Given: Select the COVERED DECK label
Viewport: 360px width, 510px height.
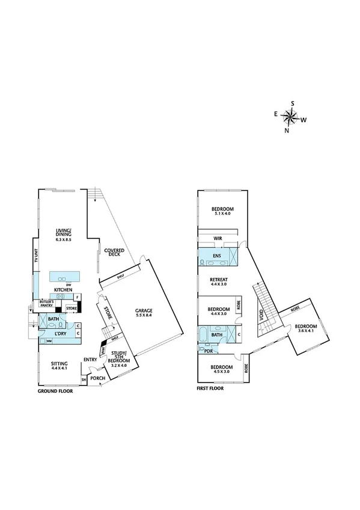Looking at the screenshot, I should pyautogui.click(x=114, y=252).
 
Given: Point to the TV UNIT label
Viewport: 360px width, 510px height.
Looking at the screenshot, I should pyautogui.click(x=37, y=256).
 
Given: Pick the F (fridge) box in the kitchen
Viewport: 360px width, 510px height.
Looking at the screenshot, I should pyautogui.click(x=77, y=297).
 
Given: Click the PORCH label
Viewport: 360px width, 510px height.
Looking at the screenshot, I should pyautogui.click(x=97, y=378).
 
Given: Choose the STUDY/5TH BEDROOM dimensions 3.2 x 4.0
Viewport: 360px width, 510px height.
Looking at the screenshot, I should pyautogui.click(x=120, y=365).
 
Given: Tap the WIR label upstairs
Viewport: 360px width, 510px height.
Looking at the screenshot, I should pyautogui.click(x=218, y=239).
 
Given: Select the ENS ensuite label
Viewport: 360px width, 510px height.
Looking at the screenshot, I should pyautogui.click(x=217, y=256).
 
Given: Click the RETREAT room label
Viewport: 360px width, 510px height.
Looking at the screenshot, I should pyautogui.click(x=218, y=279).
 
